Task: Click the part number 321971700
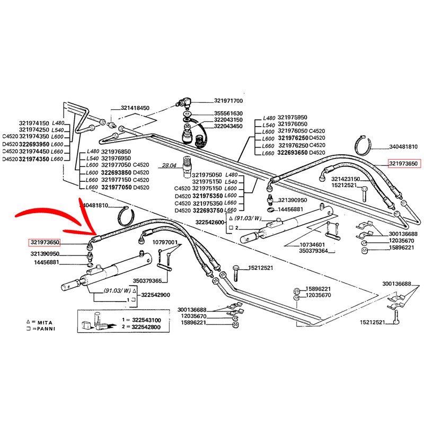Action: tap(228, 101)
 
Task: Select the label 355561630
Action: tap(228, 113)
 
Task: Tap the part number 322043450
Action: tap(228, 126)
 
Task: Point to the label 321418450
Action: tap(135, 108)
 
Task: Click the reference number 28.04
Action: tap(170, 166)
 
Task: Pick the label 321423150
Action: tap(346, 179)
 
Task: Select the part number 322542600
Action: tap(210, 222)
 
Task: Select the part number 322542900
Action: tap(155, 295)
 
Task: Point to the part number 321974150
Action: tap(34, 122)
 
